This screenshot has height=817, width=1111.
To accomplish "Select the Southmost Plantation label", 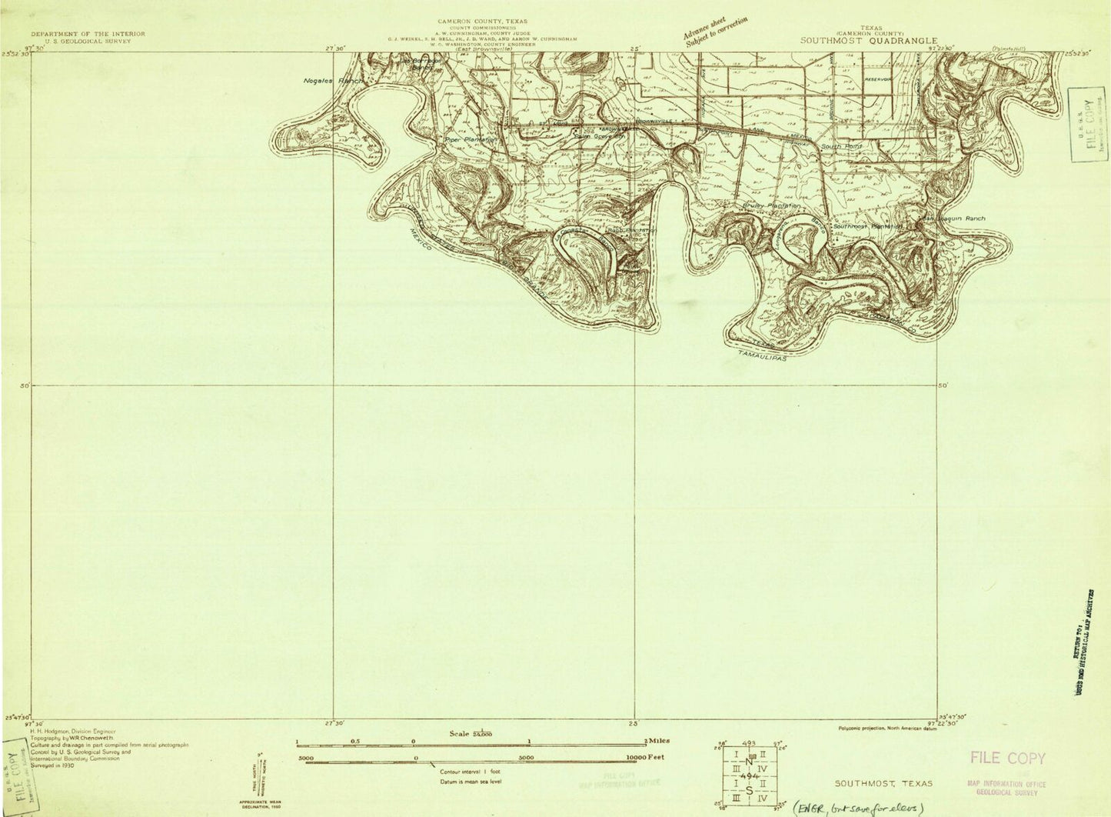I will tap(867, 226).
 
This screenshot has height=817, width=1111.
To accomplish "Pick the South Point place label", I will tap(841, 145).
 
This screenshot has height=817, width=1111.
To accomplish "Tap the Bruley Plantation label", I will tap(772, 206).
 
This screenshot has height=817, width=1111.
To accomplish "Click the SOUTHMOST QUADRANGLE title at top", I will tap(869, 41).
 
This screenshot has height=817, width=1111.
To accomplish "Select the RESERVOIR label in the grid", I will tap(876, 80).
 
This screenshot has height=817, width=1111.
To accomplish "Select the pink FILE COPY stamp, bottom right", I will tap(1007, 759).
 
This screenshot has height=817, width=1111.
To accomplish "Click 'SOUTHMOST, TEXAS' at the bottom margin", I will tap(884, 783).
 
